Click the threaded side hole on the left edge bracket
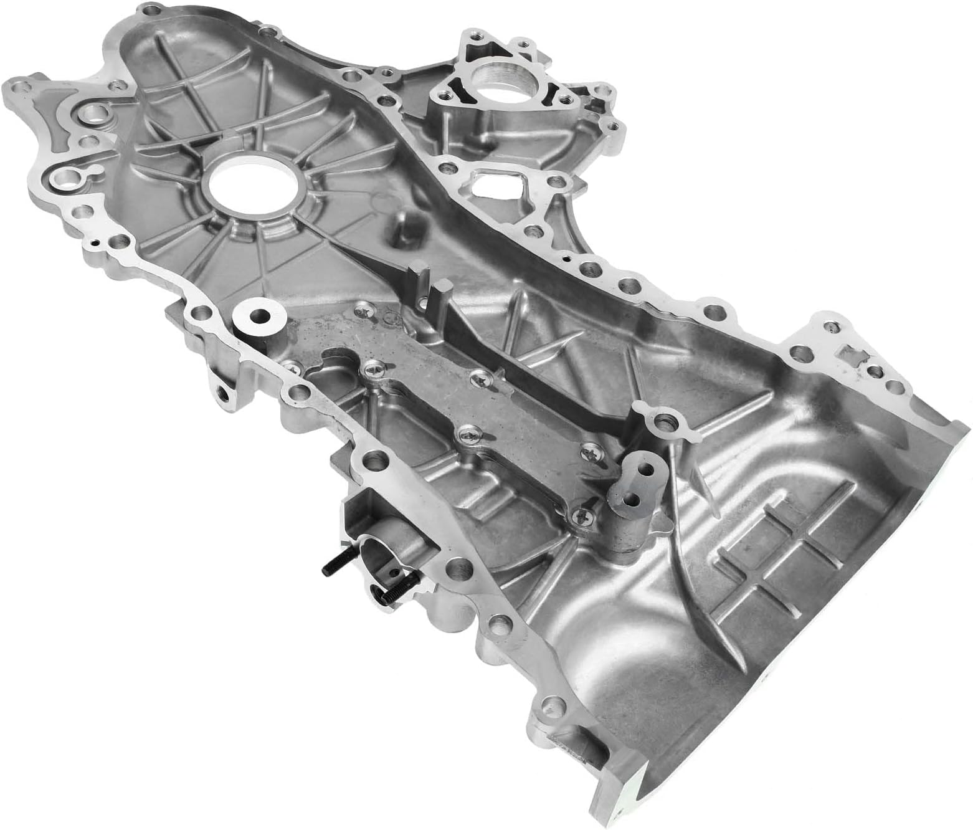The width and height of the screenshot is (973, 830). tap(222, 391)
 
